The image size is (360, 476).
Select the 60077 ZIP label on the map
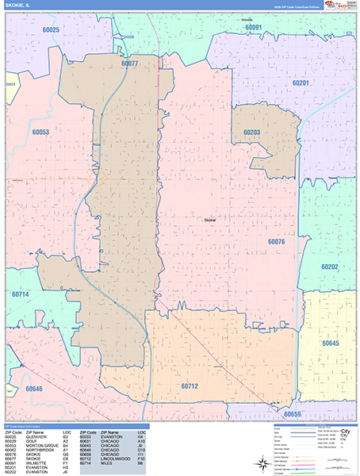(129, 62)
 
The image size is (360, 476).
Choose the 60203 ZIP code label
(252, 132)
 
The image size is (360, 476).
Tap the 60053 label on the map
(41, 132)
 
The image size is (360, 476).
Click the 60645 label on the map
(330, 343)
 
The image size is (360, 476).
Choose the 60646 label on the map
(34, 389)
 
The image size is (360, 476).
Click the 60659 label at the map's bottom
(293, 414)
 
